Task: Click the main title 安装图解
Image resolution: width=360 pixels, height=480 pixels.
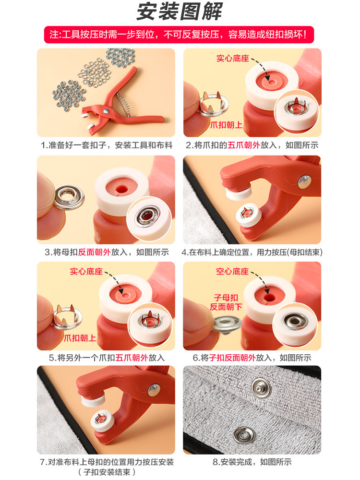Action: pyautogui.click(x=180, y=12)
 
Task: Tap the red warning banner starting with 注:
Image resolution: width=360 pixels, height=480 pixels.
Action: pyautogui.click(x=179, y=34)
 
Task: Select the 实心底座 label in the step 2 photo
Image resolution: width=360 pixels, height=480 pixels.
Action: pyautogui.click(x=233, y=58)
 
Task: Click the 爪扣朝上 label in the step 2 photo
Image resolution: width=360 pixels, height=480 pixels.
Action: pyautogui.click(x=226, y=125)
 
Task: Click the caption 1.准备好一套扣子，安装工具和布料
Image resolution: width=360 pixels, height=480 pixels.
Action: pyautogui.click(x=107, y=145)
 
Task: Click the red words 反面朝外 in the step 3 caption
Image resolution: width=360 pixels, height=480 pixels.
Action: pyautogui.click(x=94, y=252)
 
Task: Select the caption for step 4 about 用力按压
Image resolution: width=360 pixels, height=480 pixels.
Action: pyautogui.click(x=252, y=252)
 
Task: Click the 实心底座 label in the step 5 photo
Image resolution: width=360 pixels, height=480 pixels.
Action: pyautogui.click(x=86, y=271)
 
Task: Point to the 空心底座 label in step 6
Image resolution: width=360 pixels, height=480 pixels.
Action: pyautogui.click(x=232, y=271)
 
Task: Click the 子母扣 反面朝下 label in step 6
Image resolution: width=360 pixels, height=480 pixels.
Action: pyautogui.click(x=226, y=302)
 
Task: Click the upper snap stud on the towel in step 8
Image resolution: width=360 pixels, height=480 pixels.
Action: pyautogui.click(x=261, y=388)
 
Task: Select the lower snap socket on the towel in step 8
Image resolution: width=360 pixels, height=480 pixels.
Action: pyautogui.click(x=244, y=435)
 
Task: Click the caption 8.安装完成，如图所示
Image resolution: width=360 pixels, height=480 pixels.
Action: pyautogui.click(x=252, y=462)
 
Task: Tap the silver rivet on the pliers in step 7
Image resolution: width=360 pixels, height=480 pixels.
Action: pyautogui.click(x=154, y=390)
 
